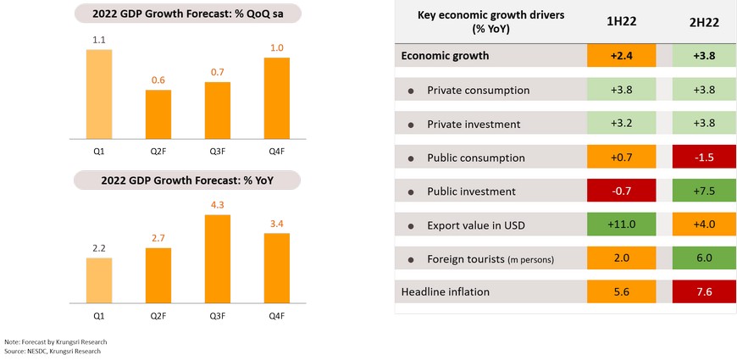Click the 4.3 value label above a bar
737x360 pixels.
pos(218,205)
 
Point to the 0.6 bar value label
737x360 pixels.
pos(158,80)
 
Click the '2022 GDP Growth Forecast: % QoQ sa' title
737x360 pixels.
pos(188,13)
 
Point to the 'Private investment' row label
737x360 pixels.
pos(474,124)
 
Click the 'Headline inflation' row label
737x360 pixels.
pos(446,292)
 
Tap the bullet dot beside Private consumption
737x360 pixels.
pos(412,91)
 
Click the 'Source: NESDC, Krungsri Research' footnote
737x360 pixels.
pos(53,351)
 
